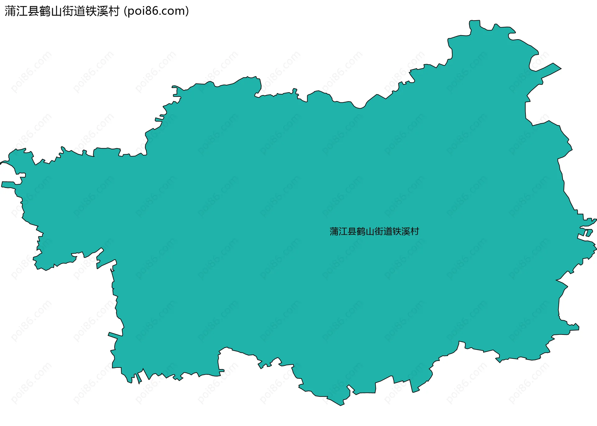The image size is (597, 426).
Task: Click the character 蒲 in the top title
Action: (10, 11)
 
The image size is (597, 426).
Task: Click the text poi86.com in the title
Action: (156, 11)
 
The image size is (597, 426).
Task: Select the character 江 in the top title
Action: (22, 11)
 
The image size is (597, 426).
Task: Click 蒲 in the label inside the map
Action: (334, 232)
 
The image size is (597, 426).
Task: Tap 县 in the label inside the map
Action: (352, 232)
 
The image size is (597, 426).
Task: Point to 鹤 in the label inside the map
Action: (361, 232)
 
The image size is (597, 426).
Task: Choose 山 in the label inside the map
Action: (370, 232)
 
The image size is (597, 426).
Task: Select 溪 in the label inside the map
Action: (406, 232)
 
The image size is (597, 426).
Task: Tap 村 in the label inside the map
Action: (415, 232)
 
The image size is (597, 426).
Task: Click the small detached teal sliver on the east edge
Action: (589, 233)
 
